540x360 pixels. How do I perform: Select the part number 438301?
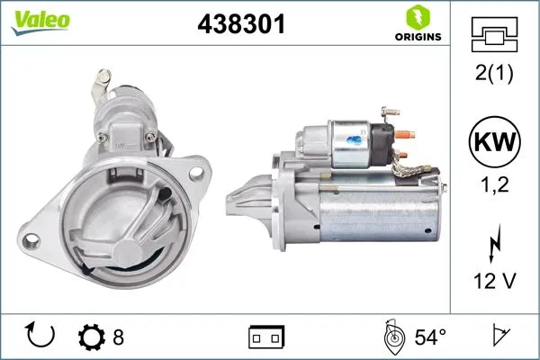pos(240,24)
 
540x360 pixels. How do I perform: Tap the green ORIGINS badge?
pos(417,24)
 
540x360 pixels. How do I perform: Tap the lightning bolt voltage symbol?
pos(492,244)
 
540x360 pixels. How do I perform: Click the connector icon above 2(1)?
pos(491,37)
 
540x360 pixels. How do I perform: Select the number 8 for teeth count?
pos(118,337)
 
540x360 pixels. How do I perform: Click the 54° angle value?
pos(429,337)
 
